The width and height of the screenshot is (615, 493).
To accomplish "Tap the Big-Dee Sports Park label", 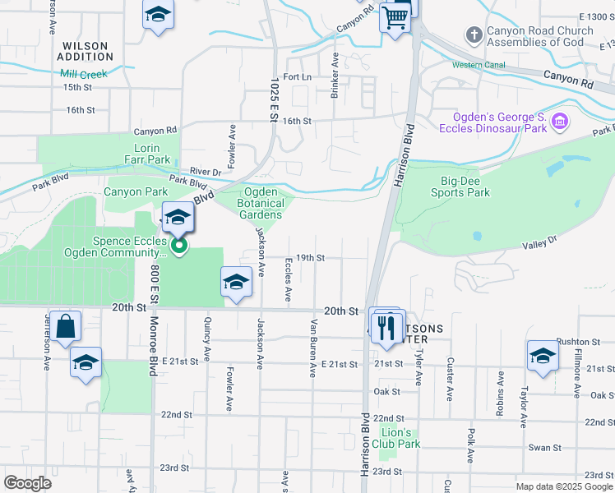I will coord(460,187).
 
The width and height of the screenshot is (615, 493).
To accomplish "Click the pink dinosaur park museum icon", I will coord(560,122).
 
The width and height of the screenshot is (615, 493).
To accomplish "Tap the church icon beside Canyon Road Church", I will coord(474,35).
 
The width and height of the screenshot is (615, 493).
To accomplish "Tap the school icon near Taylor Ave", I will coord(543,356).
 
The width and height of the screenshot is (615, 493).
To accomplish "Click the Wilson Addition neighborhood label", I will coord(86,51).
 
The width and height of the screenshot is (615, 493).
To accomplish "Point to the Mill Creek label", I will coord(84,73).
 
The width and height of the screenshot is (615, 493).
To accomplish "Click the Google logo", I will coord(29,482).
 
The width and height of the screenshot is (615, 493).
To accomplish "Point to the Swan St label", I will coord(544,448).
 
